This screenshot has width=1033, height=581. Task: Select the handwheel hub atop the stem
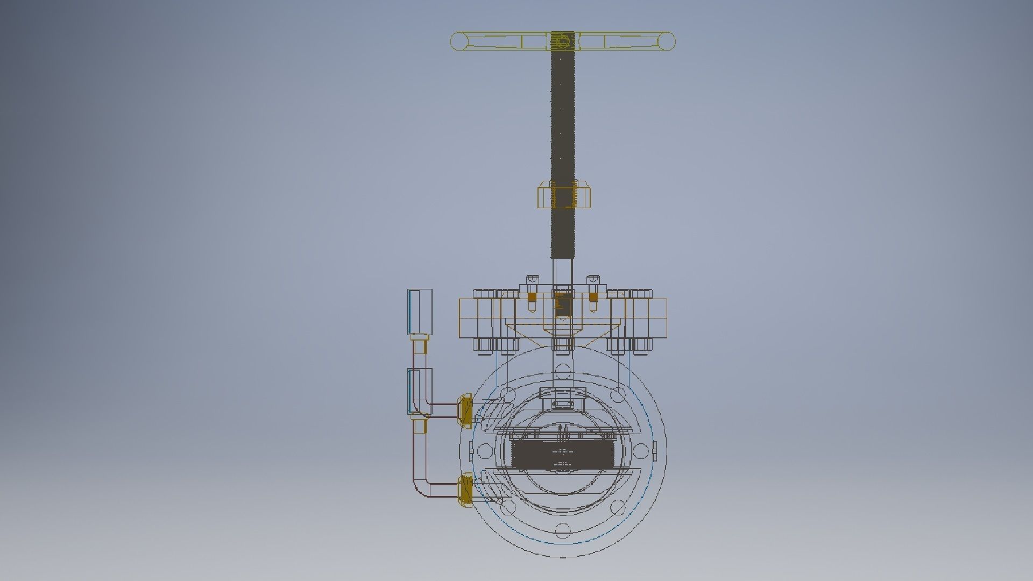tap(562, 41)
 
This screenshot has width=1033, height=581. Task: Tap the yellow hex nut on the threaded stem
tap(565, 195)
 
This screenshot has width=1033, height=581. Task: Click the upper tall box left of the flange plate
tap(420, 311)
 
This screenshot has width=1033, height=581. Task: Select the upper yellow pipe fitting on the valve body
tap(465, 409)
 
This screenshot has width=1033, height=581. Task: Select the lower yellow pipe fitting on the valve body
tap(465, 490)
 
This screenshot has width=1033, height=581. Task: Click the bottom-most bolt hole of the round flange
tap(562, 530)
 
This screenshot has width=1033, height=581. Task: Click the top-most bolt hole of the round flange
tap(562, 370)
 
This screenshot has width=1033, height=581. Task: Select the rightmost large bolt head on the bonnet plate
tap(640, 295)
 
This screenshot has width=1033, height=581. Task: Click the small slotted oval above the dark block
tap(562, 404)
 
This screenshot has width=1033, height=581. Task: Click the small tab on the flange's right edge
tap(655, 449)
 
